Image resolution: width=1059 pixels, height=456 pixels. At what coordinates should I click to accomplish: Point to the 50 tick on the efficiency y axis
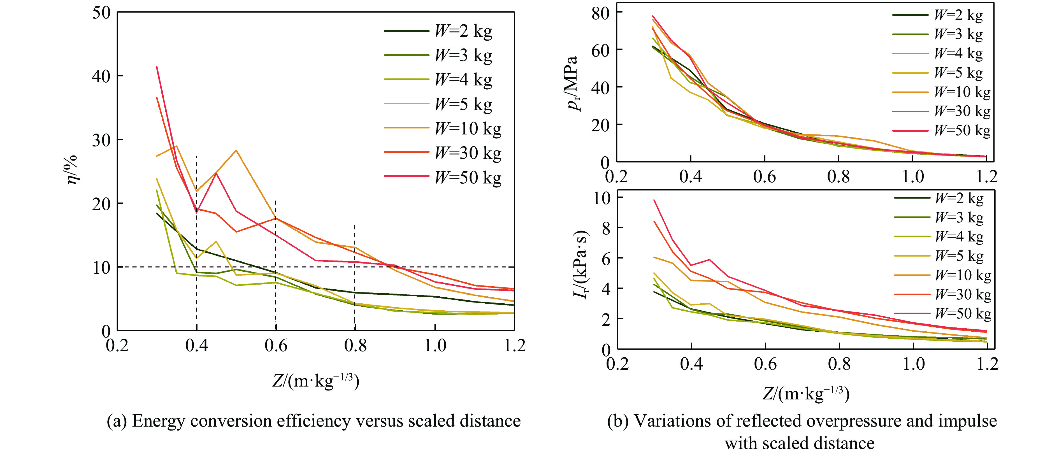click(101, 13)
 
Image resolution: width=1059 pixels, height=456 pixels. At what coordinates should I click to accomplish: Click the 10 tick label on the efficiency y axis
click(101, 268)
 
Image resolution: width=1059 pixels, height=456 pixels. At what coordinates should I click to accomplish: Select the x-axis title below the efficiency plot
click(316, 381)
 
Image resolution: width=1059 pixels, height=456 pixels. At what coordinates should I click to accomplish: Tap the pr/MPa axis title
click(573, 84)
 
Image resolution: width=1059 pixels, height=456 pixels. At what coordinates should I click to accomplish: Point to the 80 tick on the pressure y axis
click(601, 13)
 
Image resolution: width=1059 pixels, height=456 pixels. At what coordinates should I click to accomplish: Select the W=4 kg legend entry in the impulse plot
click(959, 237)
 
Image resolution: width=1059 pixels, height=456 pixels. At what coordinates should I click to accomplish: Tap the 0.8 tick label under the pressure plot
click(838, 177)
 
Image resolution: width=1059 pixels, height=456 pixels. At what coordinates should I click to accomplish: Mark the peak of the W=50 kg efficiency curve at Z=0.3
click(157, 67)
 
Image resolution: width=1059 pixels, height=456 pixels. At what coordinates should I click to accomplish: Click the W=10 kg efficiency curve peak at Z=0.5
click(236, 150)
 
